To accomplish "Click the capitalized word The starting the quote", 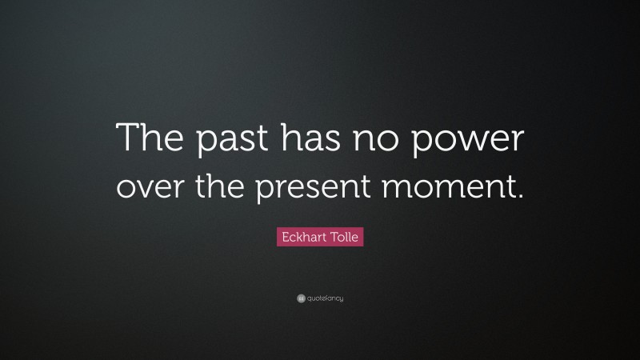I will coord(150,141).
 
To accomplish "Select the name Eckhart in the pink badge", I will coord(302,238).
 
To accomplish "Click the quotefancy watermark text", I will coord(325,298).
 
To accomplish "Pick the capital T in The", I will coord(127,140).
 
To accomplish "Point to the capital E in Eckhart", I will coord(282,238).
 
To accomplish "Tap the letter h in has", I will coord(289,141).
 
